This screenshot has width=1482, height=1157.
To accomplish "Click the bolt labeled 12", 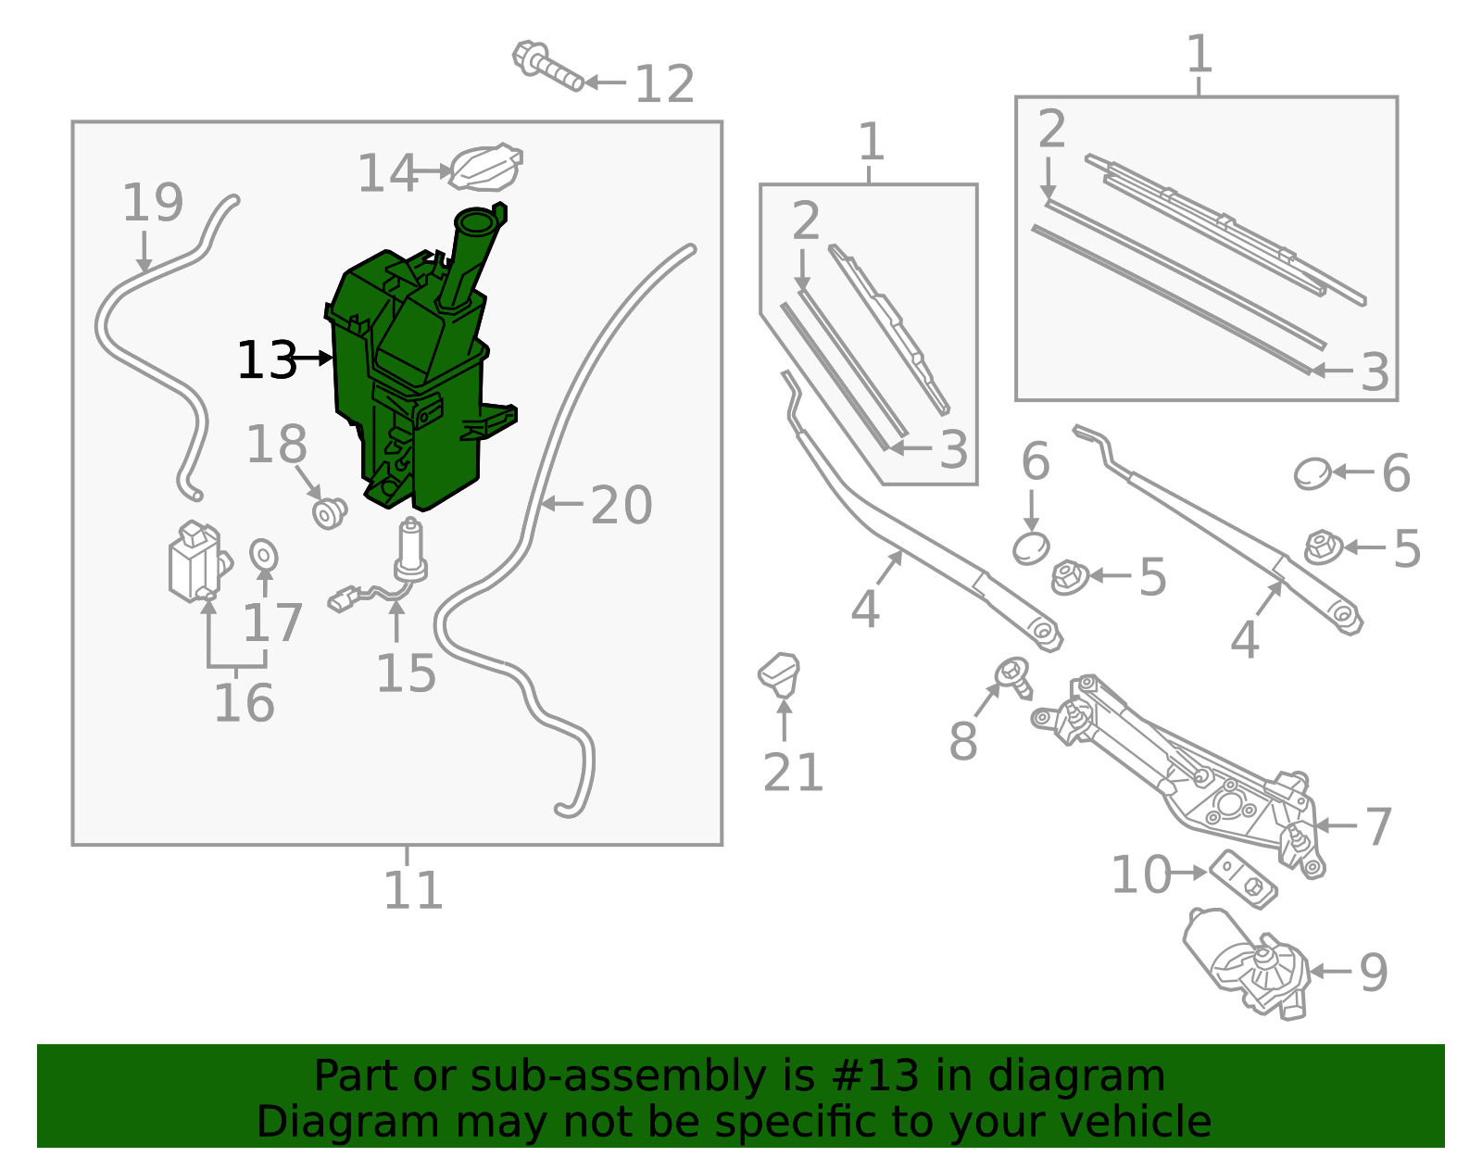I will click(x=546, y=67).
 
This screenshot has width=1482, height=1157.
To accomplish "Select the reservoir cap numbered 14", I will click(x=484, y=168).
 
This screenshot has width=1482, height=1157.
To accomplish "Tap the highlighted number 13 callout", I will click(x=267, y=360).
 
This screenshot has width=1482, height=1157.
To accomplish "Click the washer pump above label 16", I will click(x=195, y=561).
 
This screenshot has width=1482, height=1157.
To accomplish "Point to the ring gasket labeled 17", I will click(x=264, y=555).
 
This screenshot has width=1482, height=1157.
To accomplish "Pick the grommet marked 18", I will click(x=329, y=512).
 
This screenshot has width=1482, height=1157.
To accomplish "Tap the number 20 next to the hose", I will click(x=622, y=506).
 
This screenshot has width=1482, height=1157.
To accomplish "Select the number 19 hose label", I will click(x=153, y=203).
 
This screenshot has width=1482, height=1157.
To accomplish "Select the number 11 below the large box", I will click(x=413, y=890).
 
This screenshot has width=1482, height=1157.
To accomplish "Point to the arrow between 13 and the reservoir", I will click(x=312, y=358).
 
